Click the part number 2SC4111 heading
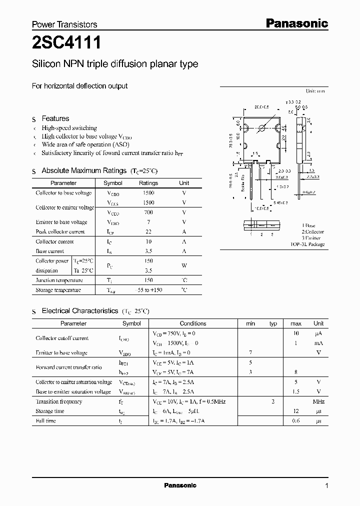pyautogui.click(x=66, y=43)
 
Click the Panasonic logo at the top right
pyautogui.click(x=296, y=23)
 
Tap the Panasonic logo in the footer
pyautogui.click(x=180, y=485)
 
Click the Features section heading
pyautogui.click(x=55, y=118)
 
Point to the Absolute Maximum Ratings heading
pyautogui.click(x=84, y=170)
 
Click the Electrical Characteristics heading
pyautogui.click(x=80, y=311)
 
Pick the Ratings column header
pyautogui.click(x=148, y=183)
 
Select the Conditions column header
pyautogui.click(x=193, y=323)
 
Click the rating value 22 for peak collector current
pyautogui.click(x=148, y=231)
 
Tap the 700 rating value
pyautogui.click(x=148, y=212)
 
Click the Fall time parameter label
pyautogui.click(x=46, y=421)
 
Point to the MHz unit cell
pyautogui.click(x=318, y=401)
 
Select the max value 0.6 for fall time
pyautogui.click(x=296, y=421)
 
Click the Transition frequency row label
pyautogui.click(x=59, y=401)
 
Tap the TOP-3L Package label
pyautogui.click(x=307, y=244)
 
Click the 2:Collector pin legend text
pyautogui.click(x=312, y=231)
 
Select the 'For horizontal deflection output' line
pyautogui.click(x=80, y=86)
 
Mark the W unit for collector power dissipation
pyautogui.click(x=184, y=265)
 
